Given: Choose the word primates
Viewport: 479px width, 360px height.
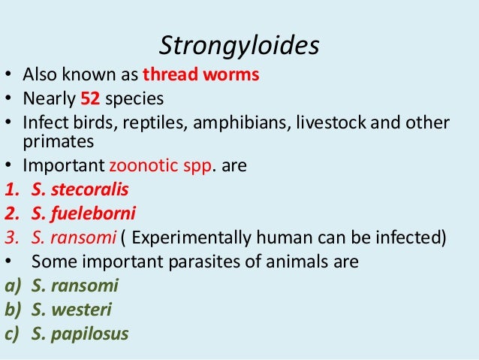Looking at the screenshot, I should (54, 141).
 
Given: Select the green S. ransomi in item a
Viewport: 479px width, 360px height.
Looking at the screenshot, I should (75, 286).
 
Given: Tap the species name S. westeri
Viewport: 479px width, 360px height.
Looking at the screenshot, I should (72, 310).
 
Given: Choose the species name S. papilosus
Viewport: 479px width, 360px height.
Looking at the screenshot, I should (80, 334).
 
